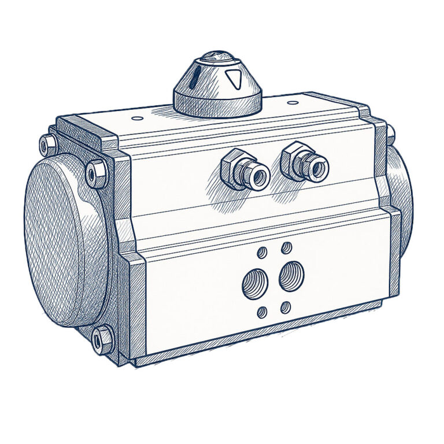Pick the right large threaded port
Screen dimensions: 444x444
(x=291, y=276)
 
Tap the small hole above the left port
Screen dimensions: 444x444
(x=262, y=252)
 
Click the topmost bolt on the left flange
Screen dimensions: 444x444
(x=46, y=143)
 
